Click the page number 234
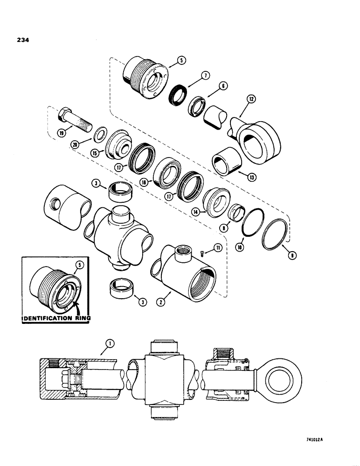point(22,41)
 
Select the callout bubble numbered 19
point(60,132)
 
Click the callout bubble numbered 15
point(95,152)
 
